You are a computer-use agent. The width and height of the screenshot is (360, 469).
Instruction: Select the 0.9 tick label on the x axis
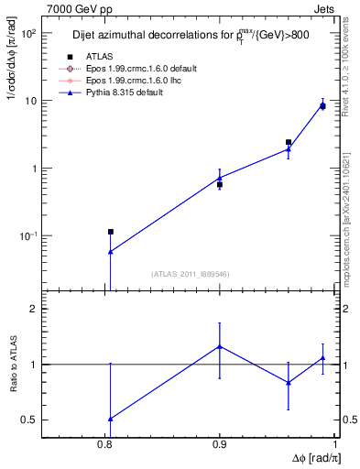point(220,444)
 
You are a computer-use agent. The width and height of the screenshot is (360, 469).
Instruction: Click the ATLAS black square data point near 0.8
point(110,233)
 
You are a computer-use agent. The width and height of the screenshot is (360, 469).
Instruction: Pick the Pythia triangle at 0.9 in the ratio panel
point(220,346)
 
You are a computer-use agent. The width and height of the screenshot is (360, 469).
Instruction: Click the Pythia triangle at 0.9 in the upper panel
point(220,178)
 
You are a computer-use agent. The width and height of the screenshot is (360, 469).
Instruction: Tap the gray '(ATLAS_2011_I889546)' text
point(190,274)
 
